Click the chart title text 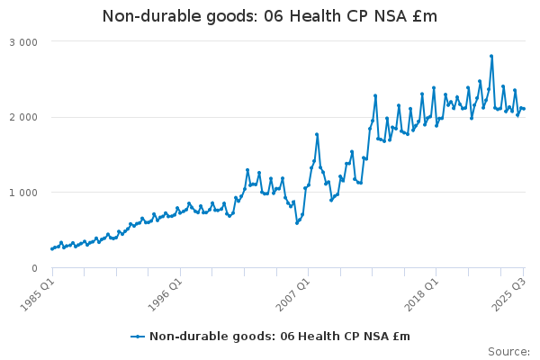pos(270,16)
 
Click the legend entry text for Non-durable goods pos(279,337)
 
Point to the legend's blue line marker pos(137,337)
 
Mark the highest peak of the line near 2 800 pos(491,56)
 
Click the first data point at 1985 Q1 pos(52,248)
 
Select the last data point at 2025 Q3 pos(524,109)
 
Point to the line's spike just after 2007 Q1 pos(317,134)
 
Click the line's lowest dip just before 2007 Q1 pos(297,222)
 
